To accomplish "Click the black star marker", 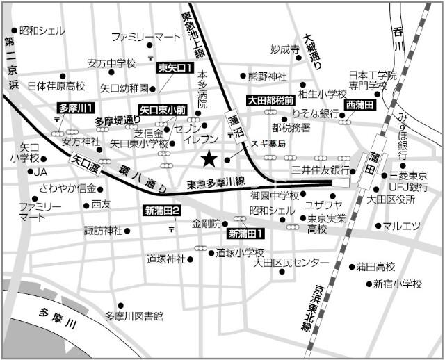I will pyautogui.click(x=208, y=160).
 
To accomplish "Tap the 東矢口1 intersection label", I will pyautogui.click(x=175, y=68).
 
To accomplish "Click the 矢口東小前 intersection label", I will pyautogui.click(x=163, y=110).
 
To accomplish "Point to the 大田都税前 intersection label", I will pyautogui.click(x=273, y=101).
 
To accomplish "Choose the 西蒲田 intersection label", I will pyautogui.click(x=360, y=104).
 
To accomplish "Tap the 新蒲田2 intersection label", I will pyautogui.click(x=163, y=211).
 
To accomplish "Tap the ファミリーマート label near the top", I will pyautogui.click(x=145, y=36).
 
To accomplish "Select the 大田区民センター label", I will pyautogui.click(x=291, y=263).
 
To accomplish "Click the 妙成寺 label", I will pyautogui.click(x=284, y=49).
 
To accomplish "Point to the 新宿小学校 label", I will pyautogui.click(x=397, y=284).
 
